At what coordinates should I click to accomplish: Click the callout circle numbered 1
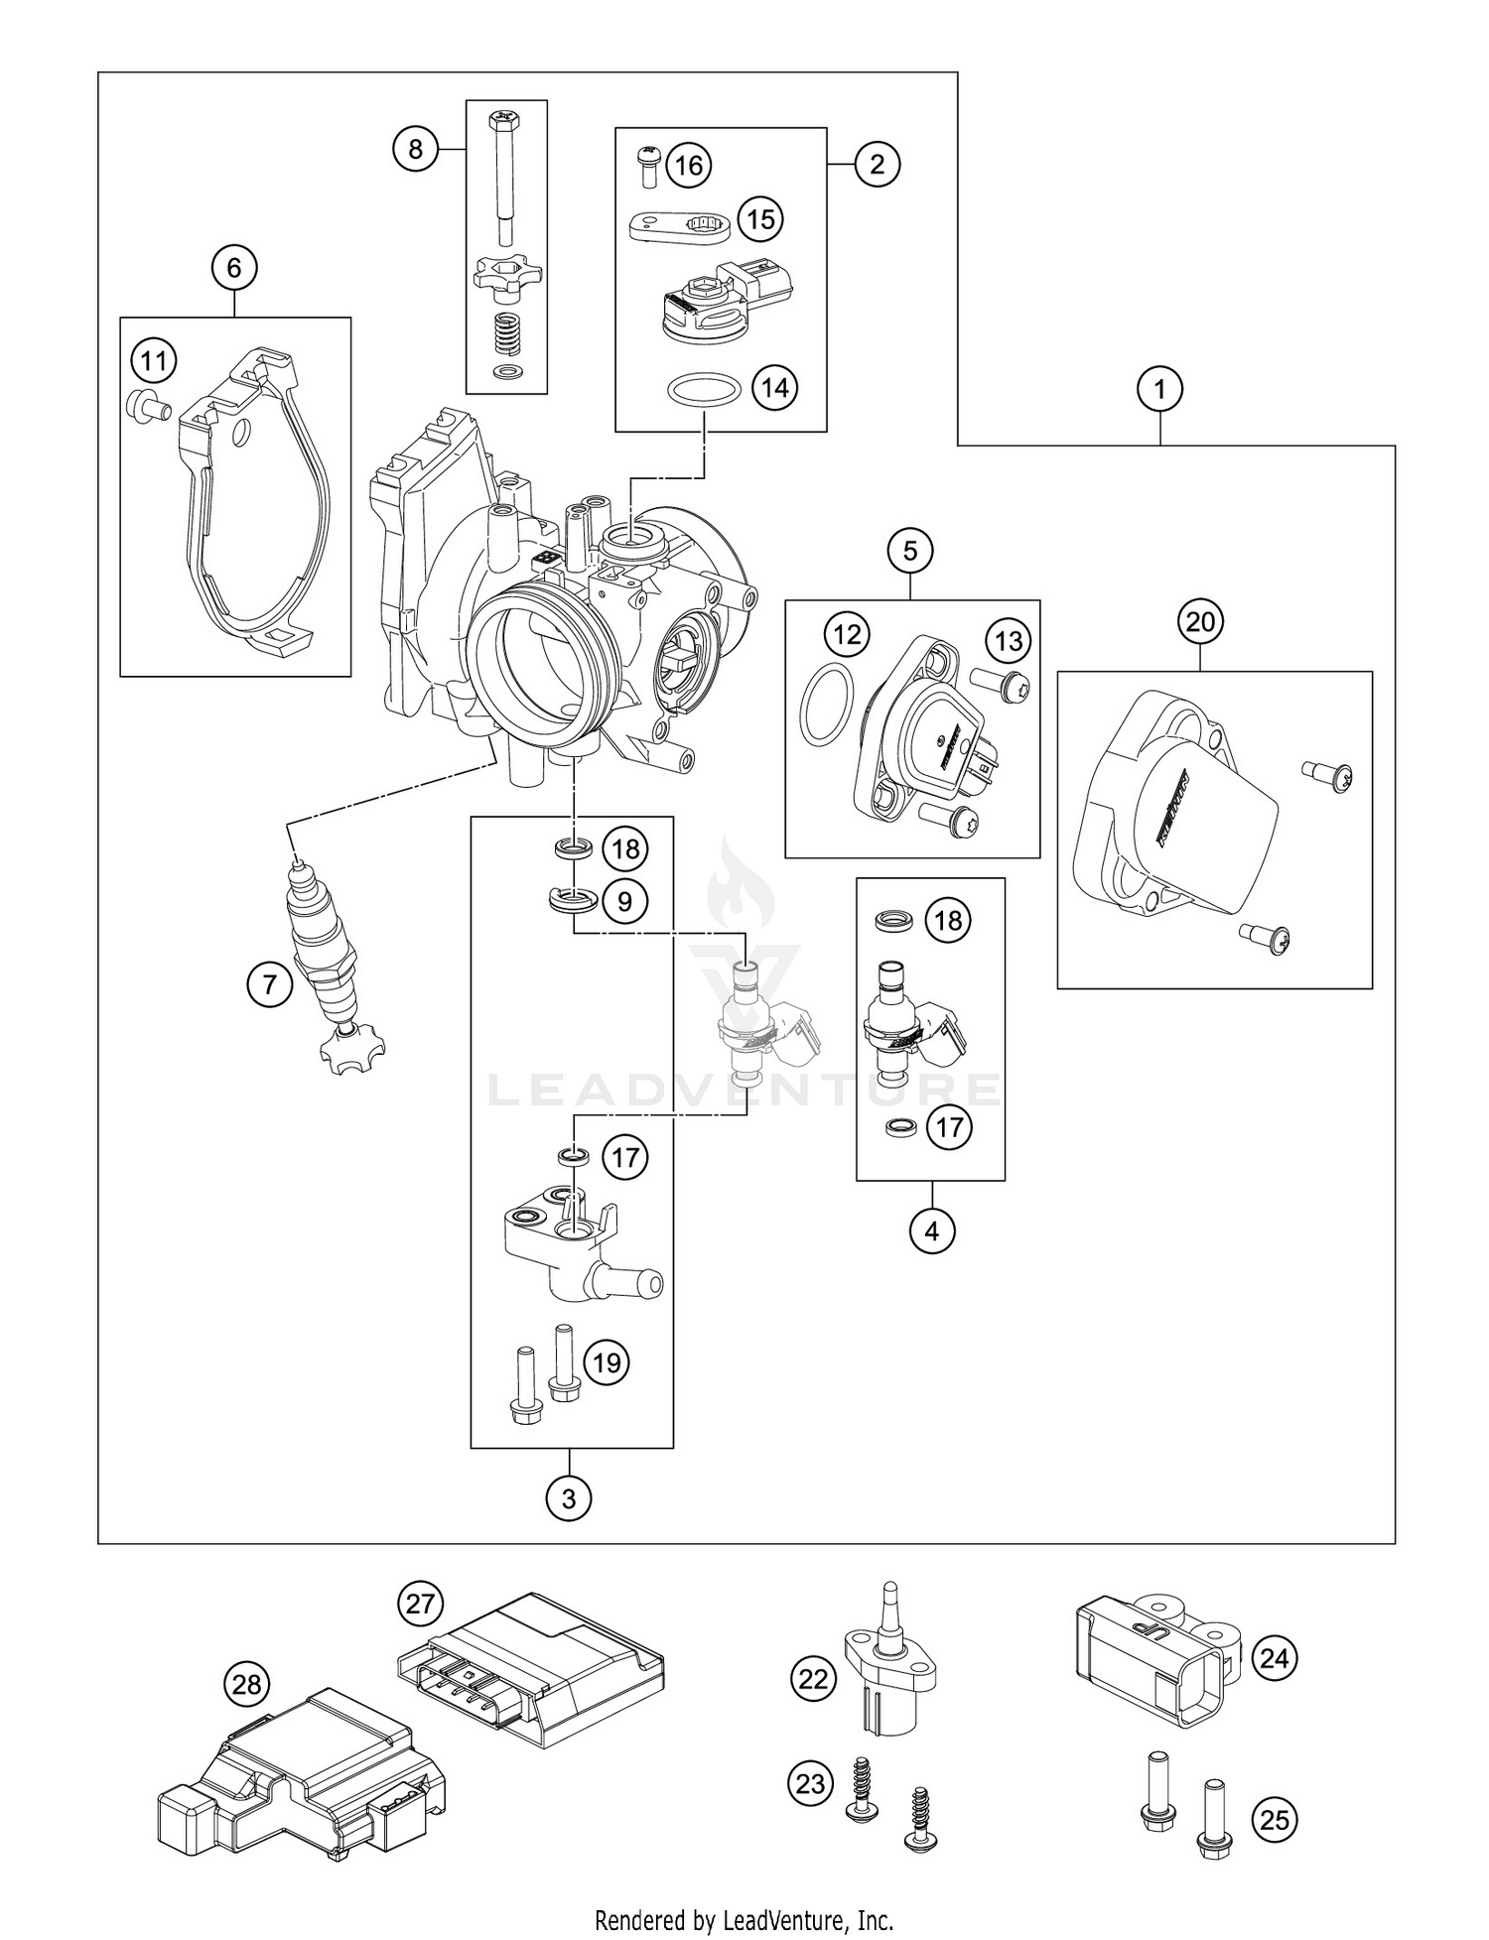point(1159,389)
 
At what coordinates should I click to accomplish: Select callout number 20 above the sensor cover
point(1200,622)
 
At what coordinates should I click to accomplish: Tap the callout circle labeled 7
point(270,985)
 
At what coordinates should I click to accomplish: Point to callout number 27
point(421,1603)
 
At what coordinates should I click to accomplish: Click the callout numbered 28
point(247,1684)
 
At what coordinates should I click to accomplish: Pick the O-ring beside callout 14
point(705,390)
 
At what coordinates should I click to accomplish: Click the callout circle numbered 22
point(813,1678)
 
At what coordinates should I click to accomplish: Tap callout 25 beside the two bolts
point(1274,1819)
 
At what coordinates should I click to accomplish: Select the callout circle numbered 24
point(1274,1658)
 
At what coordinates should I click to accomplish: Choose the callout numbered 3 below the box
point(569,1497)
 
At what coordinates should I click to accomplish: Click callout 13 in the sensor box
point(1008,641)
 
